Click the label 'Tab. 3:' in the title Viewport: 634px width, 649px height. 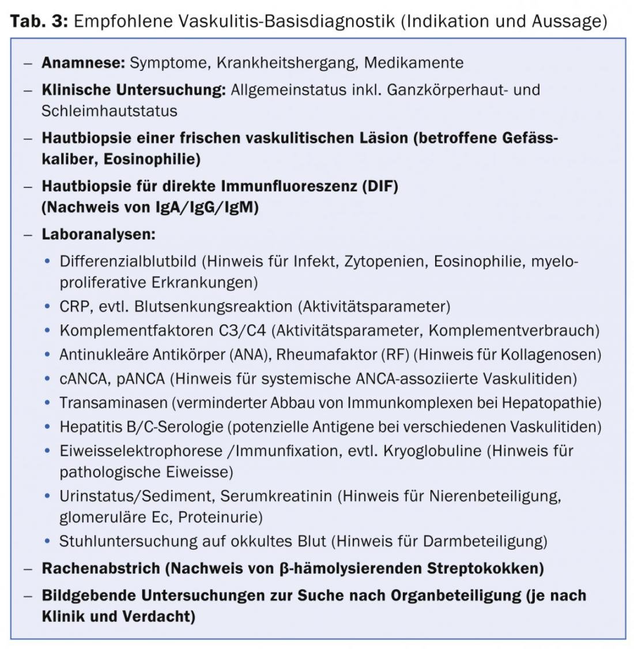(39, 21)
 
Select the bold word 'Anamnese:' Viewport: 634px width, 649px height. (83, 63)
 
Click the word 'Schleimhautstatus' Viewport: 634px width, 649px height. (109, 111)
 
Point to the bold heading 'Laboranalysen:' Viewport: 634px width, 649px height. (98, 235)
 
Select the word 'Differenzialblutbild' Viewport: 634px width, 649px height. (128, 262)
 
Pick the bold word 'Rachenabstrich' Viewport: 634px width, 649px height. (101, 568)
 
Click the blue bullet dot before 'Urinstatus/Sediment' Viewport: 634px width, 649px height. (48, 496)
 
